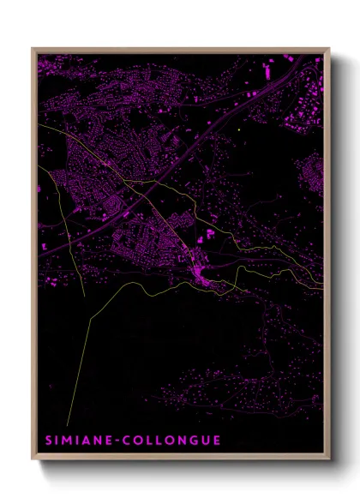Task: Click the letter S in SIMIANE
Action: [47, 441]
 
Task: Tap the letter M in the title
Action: [65, 441]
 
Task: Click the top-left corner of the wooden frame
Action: [33, 49]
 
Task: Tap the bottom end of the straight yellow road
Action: [68, 425]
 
